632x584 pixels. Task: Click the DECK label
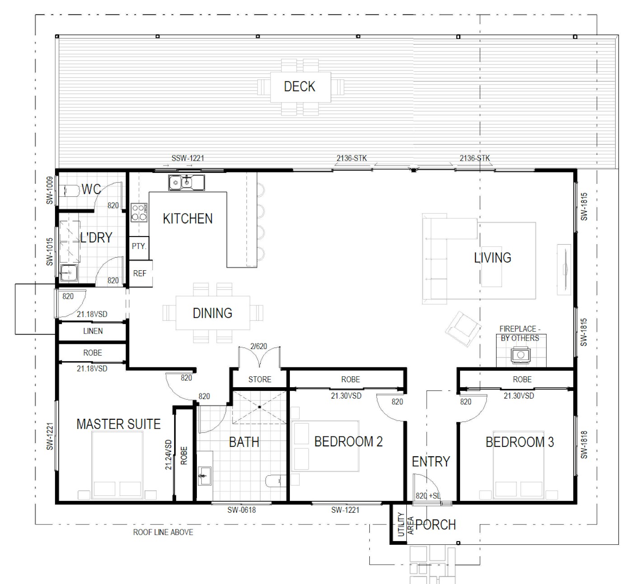click(299, 87)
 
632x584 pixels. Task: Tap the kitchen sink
click(186, 183)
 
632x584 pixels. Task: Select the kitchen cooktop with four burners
click(139, 213)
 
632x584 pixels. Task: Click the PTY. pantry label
click(139, 246)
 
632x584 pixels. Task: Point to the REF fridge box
click(141, 273)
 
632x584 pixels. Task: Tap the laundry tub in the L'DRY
click(69, 273)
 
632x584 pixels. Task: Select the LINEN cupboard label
click(93, 331)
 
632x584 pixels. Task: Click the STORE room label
click(260, 380)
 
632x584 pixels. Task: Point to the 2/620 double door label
click(258, 346)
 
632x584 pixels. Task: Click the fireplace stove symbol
click(520, 355)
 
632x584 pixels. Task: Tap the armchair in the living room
click(463, 329)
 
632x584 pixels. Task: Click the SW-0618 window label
click(242, 510)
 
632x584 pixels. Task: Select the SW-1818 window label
click(584, 445)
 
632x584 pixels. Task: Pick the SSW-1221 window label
click(188, 158)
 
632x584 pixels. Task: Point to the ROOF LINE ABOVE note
click(163, 532)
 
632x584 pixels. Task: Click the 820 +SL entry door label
click(428, 496)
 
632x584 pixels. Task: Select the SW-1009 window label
click(50, 190)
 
